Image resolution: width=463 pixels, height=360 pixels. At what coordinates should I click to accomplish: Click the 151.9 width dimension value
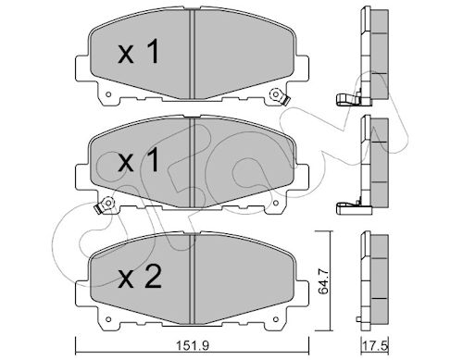pyautogui.click(x=193, y=345)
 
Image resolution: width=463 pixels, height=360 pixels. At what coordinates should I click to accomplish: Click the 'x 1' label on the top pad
pyautogui.click(x=139, y=52)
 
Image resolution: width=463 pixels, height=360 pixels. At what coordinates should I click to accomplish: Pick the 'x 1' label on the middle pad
pyautogui.click(x=139, y=160)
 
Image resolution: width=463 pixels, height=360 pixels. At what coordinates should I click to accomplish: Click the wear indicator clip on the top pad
pyautogui.click(x=279, y=96)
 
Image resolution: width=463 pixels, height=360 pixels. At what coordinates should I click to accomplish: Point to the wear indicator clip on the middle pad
pyautogui.click(x=104, y=205)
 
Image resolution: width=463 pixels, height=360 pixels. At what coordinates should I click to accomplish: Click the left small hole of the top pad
pyautogui.click(x=107, y=94)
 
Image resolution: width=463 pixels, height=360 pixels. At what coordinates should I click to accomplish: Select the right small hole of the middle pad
pyautogui.click(x=276, y=203)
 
